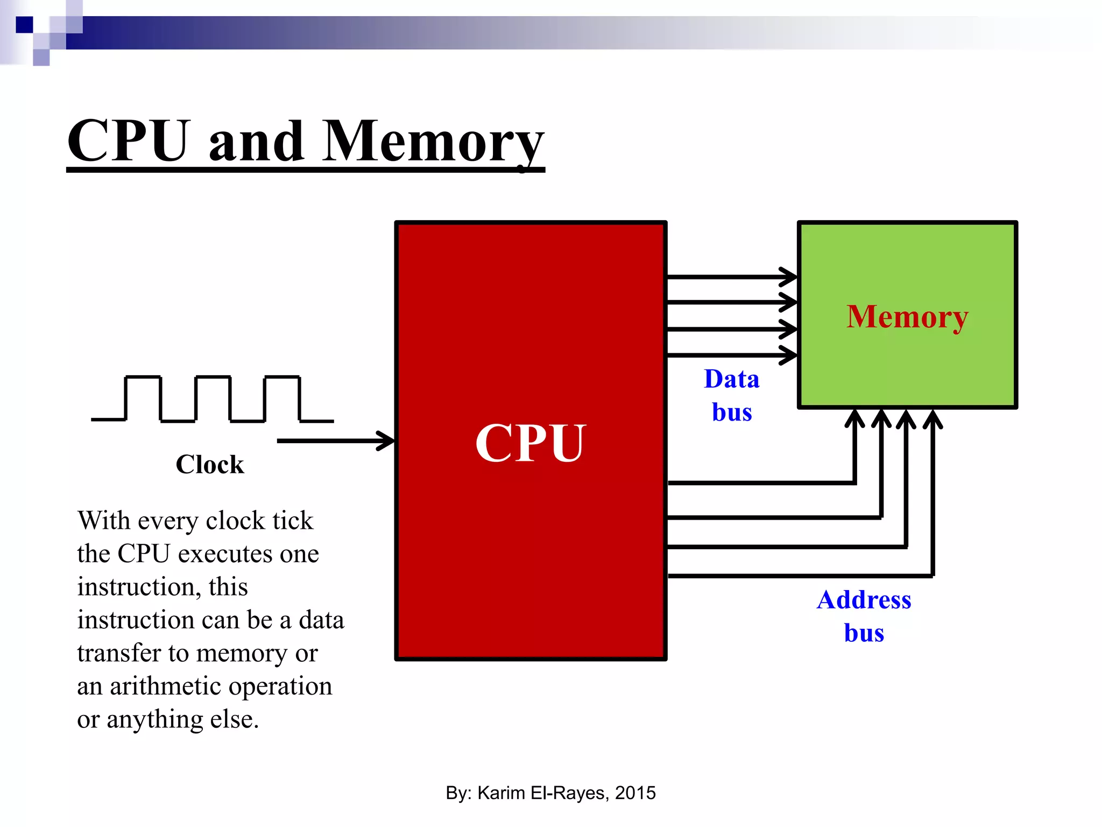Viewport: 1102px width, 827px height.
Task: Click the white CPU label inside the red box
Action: pos(530,443)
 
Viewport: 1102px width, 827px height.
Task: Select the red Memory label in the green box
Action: pos(907,317)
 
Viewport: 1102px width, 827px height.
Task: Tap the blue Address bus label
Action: pos(864,616)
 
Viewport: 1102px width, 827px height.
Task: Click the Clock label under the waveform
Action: pos(210,464)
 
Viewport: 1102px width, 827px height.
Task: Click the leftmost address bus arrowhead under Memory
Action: pos(854,418)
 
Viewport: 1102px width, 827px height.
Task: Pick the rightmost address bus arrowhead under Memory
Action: pos(933,418)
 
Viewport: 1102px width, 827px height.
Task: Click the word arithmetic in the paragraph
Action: pos(165,686)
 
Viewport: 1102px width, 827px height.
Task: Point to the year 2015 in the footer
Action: pos(635,793)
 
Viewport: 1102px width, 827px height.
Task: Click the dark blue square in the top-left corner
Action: pos(24,25)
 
